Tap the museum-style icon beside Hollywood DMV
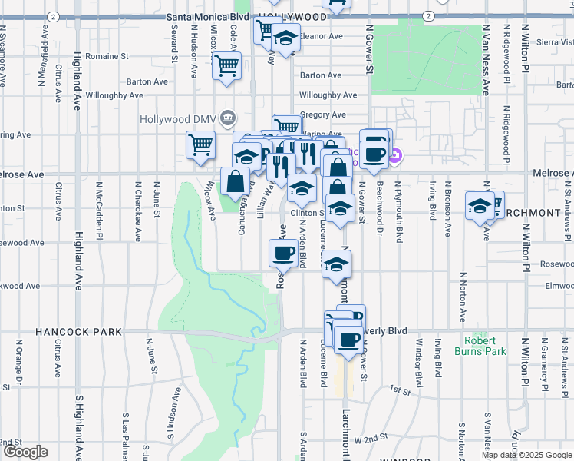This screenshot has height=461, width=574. pyautogui.click(x=227, y=118)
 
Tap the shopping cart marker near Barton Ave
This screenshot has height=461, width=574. pyautogui.click(x=227, y=67)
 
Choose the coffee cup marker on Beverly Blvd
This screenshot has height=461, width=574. pyautogui.click(x=348, y=339)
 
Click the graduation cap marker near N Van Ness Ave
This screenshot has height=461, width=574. pyautogui.click(x=480, y=206)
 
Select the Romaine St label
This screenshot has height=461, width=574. pyautogui.click(x=107, y=56)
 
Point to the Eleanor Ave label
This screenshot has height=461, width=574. pyautogui.click(x=320, y=36)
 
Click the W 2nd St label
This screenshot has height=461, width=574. pyautogui.click(x=371, y=438)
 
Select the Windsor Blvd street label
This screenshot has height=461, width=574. pyautogui.click(x=419, y=363)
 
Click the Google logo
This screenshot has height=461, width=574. pyautogui.click(x=25, y=452)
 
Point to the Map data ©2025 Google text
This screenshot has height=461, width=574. pyautogui.click(x=526, y=455)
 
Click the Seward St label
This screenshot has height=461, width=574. pyautogui.click(x=175, y=44)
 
